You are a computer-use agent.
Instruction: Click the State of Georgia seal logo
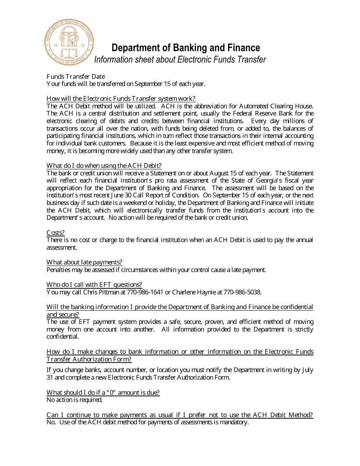pos(69,42)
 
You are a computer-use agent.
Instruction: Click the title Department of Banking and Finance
pos(186,48)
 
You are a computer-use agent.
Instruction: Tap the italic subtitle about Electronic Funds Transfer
pos(180,59)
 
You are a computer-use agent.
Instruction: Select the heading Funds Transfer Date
pos(76,77)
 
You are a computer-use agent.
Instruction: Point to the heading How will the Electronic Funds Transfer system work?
pos(121,99)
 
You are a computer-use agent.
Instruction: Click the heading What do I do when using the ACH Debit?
pos(104,166)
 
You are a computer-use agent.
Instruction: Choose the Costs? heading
pos(56,233)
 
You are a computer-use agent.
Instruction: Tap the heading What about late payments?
pos(84,262)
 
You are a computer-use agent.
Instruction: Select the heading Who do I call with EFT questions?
pos(94,285)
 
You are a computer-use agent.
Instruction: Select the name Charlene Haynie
pos(196,292)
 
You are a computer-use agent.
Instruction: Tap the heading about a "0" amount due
pos(103,393)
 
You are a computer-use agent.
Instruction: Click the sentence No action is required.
pos(75,400)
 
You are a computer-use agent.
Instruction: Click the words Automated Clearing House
pos(274,106)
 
